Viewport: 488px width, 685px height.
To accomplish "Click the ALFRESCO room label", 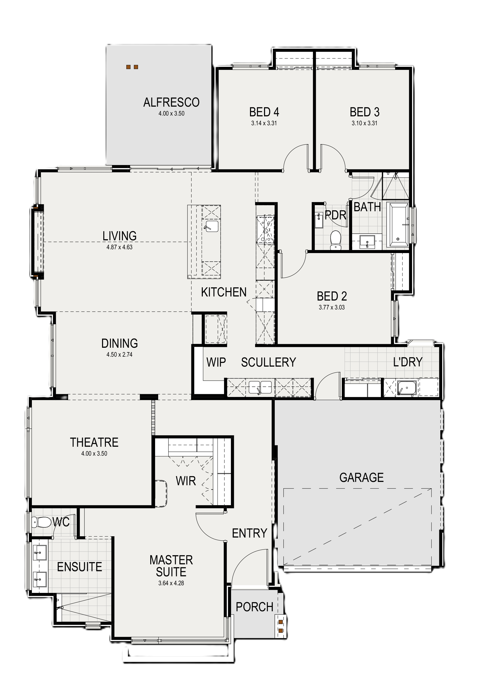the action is coord(171,103).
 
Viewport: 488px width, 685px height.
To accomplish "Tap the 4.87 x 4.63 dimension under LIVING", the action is coord(119,247).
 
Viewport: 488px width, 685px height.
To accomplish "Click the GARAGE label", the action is coord(361,477).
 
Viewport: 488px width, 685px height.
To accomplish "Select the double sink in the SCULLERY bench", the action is coord(260,387).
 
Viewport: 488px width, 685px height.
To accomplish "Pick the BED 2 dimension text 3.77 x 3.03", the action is coord(332,307).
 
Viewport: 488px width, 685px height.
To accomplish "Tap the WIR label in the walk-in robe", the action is coord(186,481).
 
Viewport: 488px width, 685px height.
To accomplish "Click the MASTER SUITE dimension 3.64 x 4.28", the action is coord(171,583).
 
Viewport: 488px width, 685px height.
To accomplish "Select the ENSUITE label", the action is coord(80,567).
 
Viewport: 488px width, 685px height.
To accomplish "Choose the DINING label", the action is coord(120,343).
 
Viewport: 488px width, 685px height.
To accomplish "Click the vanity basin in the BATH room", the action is coord(367,241).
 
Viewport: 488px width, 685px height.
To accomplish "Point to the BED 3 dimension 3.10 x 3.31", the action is coord(365,123).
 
